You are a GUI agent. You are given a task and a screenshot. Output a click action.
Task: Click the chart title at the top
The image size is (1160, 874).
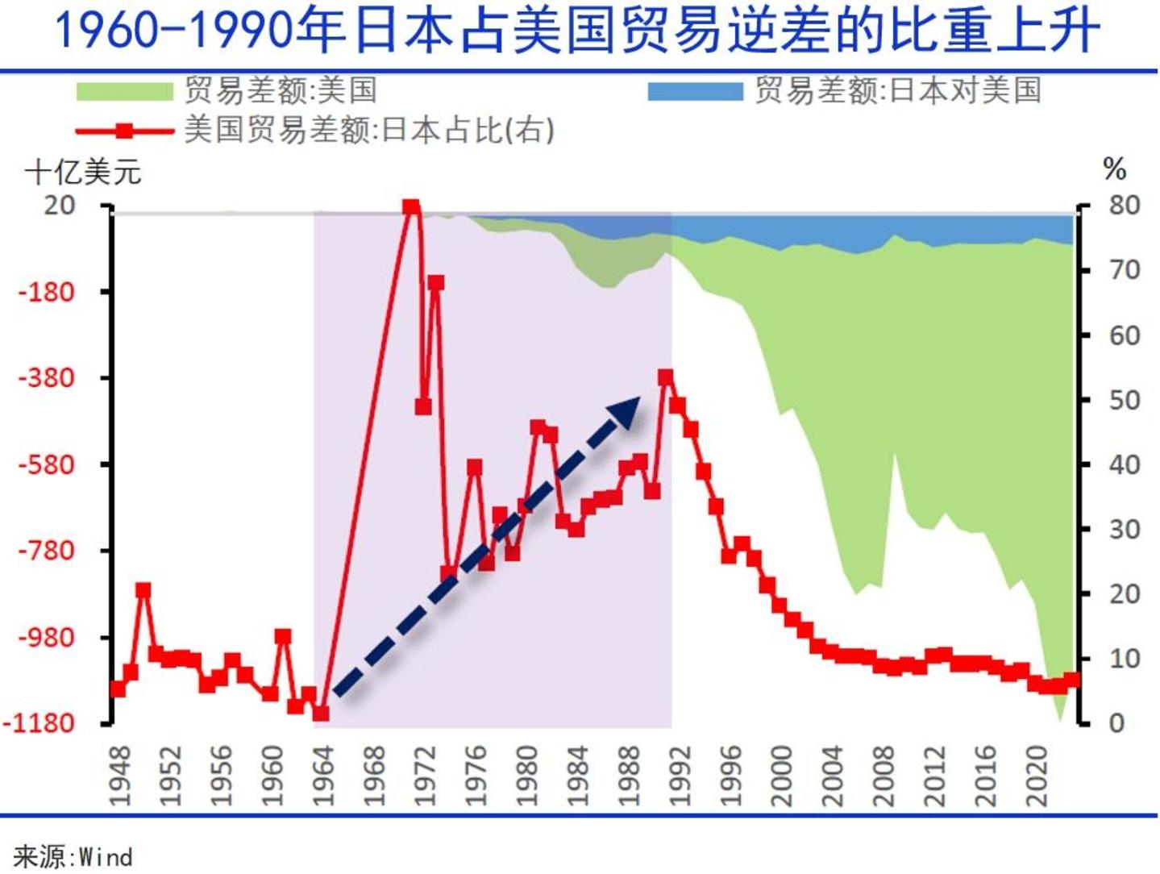(x=577, y=32)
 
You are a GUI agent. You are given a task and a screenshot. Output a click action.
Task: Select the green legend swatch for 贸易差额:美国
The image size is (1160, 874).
(x=124, y=91)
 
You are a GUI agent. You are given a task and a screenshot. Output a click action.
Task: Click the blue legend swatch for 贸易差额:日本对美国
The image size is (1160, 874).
(x=695, y=91)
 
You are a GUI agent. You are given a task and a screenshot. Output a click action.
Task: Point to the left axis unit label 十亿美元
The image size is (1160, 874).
(x=83, y=172)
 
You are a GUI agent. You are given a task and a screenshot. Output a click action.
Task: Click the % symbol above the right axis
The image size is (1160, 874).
(x=1114, y=169)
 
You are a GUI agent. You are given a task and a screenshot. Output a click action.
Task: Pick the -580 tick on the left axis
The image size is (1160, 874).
(x=48, y=464)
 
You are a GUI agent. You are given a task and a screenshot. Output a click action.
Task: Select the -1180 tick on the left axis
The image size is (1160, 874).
(x=40, y=723)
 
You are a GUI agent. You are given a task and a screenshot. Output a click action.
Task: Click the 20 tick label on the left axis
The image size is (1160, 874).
(x=59, y=205)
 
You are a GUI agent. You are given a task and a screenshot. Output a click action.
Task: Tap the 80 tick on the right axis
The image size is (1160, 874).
(x=1124, y=205)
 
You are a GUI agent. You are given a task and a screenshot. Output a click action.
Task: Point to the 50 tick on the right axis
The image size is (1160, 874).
(x=1124, y=400)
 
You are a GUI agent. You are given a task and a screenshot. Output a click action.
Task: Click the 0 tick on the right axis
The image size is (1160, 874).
(x=1116, y=723)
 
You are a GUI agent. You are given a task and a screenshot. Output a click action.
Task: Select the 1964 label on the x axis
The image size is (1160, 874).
(x=322, y=776)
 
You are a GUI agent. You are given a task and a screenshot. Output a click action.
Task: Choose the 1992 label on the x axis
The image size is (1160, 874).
(x=680, y=776)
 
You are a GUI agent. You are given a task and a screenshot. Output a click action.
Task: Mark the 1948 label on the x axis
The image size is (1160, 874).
(x=119, y=776)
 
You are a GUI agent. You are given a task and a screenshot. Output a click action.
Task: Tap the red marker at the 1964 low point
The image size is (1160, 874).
(x=321, y=714)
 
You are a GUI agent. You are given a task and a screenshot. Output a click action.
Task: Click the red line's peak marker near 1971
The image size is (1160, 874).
(x=411, y=206)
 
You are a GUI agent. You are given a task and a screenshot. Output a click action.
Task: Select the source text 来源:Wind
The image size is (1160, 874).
(x=73, y=856)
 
